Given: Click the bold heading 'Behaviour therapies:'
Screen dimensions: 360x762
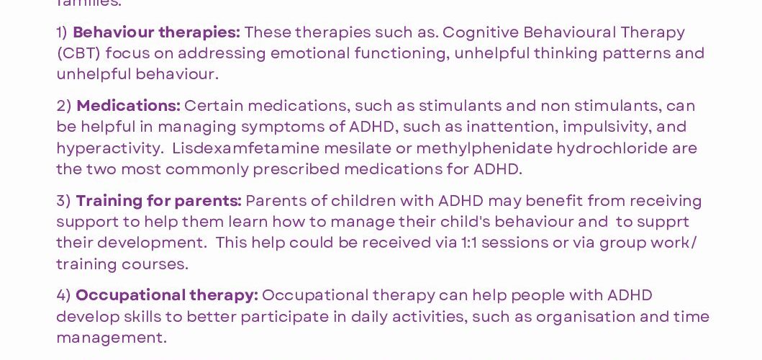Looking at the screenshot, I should point(156,32).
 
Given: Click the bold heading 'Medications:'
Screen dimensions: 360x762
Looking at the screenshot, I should point(128,106).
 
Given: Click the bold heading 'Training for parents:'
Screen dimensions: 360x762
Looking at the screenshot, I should point(158,201).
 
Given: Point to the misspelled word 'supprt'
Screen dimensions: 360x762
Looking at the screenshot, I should point(663,222).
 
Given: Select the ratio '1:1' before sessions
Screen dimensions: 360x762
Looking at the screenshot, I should point(469,243).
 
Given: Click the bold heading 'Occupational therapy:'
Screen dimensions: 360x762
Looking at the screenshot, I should point(166,295).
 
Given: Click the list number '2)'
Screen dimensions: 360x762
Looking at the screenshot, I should point(64,106).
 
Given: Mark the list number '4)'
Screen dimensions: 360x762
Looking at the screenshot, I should point(64,295).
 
